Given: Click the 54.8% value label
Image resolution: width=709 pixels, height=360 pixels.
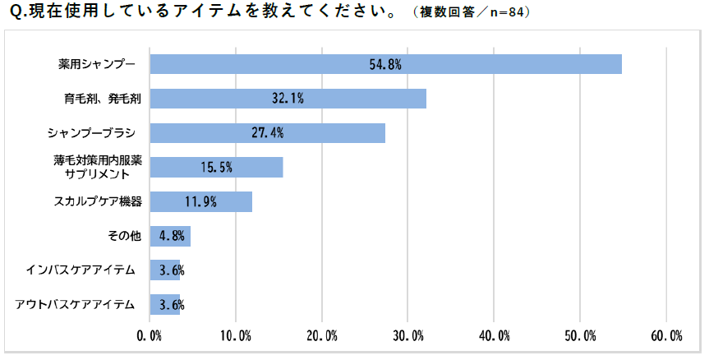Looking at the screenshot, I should [385, 64].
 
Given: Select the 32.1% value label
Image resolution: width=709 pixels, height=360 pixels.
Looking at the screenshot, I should [288, 99].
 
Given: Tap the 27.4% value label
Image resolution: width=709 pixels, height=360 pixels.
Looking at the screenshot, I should [268, 133].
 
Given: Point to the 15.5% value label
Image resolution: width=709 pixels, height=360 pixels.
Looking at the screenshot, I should [217, 167].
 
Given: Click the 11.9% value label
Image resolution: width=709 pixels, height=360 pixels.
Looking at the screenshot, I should [200, 201].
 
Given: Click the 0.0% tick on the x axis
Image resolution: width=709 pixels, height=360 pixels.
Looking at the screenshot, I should [150, 335].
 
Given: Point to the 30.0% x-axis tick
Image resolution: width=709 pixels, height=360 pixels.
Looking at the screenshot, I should [408, 335].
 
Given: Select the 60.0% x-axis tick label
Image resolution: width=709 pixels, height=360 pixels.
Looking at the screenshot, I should [666, 335].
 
